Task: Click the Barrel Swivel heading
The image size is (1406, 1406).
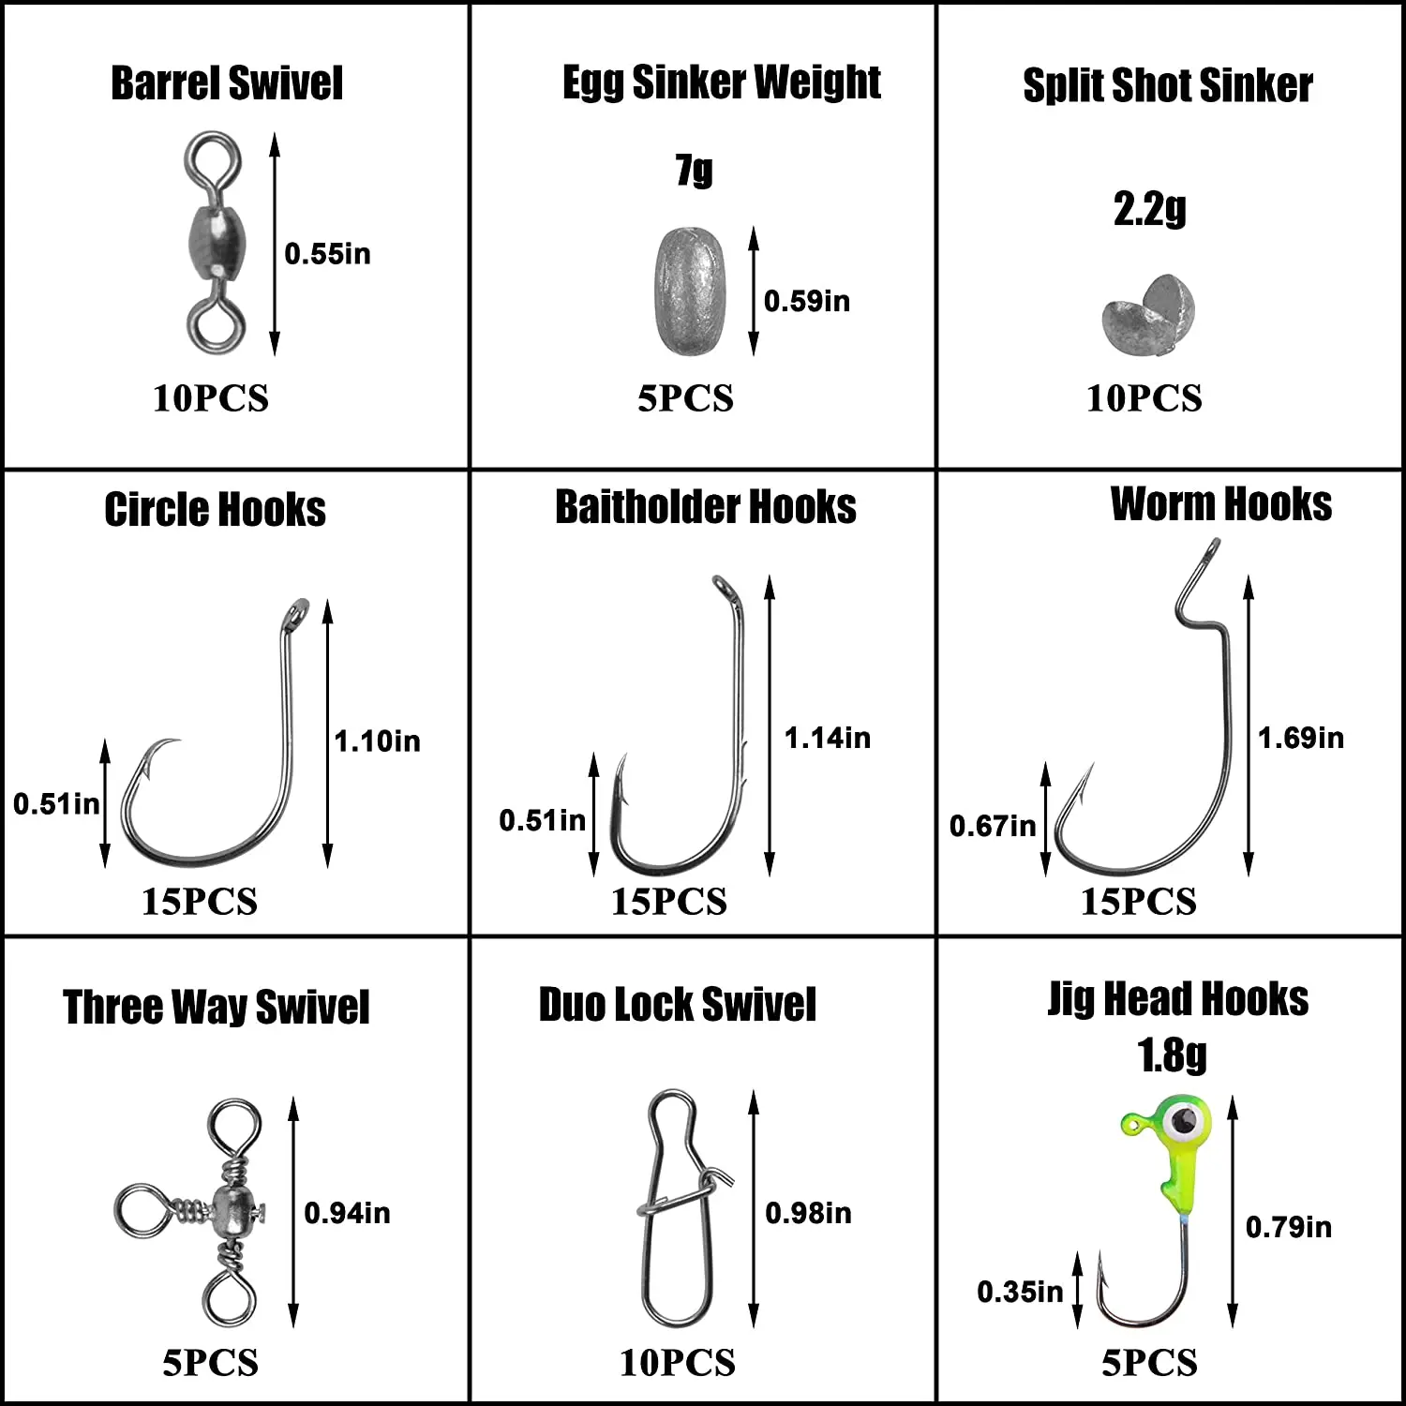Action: pos(227,82)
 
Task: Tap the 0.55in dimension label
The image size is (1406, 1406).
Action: pos(327,254)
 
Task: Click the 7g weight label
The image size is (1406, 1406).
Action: pos(694,171)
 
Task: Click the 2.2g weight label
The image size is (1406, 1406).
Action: pos(1149,209)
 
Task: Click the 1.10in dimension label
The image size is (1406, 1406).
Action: pos(377,741)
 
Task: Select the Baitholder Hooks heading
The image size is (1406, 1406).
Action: pos(705,507)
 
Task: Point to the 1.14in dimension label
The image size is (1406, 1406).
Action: pos(827,739)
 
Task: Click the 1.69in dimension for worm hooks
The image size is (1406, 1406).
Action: pos(1300,739)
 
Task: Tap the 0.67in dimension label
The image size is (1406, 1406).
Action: pos(993,826)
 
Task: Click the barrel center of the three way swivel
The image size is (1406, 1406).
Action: pos(230,1210)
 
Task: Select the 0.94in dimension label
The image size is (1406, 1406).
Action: pos(347,1213)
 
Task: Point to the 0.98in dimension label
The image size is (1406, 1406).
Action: pos(808,1213)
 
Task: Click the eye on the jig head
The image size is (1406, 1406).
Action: pos(1185,1118)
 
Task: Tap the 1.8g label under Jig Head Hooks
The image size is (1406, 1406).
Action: pos(1172,1056)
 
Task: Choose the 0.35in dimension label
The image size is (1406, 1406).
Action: pos(1020,1292)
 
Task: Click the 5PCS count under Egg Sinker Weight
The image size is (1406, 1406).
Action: pos(685,398)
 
